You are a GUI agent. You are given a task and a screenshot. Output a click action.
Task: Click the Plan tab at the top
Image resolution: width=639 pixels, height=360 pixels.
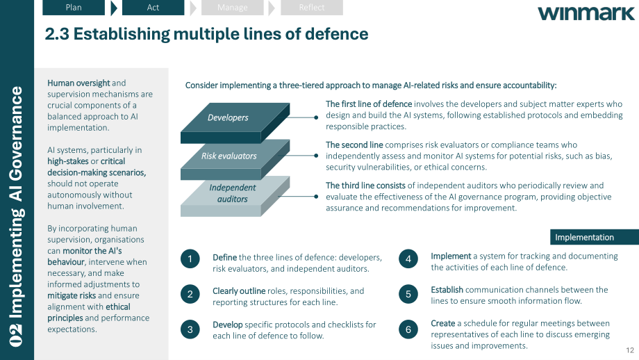(x=74, y=8)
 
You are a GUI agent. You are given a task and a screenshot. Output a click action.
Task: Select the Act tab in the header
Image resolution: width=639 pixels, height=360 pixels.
(x=153, y=8)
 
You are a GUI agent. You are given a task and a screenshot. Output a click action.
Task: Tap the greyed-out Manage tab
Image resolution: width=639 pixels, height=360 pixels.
(x=232, y=8)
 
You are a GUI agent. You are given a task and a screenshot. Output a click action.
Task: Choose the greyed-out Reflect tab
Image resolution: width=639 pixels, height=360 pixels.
(x=312, y=8)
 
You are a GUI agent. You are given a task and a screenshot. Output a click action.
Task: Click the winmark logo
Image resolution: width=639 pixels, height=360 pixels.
(x=586, y=13)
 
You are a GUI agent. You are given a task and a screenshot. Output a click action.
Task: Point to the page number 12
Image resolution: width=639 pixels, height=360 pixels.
(x=630, y=350)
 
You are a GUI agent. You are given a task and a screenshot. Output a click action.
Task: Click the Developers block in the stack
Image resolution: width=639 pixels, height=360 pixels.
(x=235, y=123)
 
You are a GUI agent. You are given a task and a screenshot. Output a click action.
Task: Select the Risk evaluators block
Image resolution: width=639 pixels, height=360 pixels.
(x=235, y=160)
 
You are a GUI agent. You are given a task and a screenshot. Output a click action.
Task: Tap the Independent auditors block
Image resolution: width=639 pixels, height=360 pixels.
(x=235, y=197)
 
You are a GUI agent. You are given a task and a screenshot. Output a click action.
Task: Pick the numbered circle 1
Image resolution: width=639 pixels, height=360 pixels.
(x=190, y=259)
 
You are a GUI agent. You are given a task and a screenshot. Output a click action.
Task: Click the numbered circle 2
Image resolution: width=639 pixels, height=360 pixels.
(x=190, y=294)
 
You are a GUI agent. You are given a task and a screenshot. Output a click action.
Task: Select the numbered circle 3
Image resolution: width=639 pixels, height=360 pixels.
(x=190, y=329)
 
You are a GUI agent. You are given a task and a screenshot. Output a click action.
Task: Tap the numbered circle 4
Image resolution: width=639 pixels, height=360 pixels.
(x=408, y=259)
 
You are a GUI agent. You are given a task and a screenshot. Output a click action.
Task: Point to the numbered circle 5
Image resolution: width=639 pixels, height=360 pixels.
(x=408, y=294)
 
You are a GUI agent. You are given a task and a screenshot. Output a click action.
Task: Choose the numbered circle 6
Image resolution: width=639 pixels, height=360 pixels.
(x=408, y=329)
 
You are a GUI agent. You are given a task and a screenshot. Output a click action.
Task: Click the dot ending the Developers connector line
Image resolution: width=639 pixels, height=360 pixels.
(x=316, y=117)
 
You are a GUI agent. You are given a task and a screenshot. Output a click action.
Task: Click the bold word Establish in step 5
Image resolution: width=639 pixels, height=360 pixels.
(x=447, y=290)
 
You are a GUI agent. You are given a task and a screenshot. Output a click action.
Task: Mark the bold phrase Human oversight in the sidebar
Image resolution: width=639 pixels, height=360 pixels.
(x=78, y=83)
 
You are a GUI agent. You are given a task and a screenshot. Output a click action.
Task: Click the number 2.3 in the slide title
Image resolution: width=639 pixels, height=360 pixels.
(x=57, y=34)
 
